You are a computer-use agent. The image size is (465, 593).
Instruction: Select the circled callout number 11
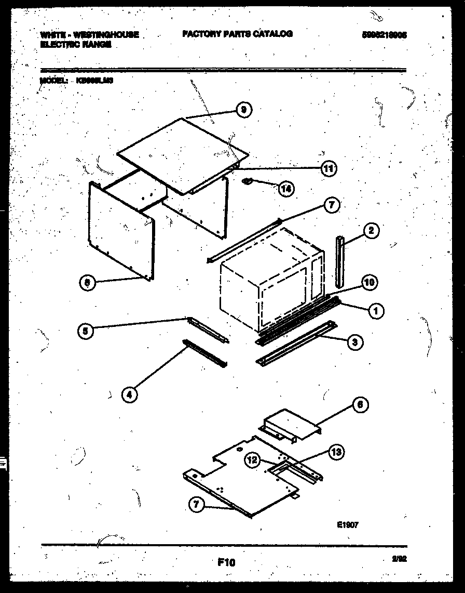point(328,168)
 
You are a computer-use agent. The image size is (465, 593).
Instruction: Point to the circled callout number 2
point(371,231)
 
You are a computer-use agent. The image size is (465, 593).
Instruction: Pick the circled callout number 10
point(368,283)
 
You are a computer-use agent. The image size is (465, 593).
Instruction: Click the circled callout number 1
point(375,311)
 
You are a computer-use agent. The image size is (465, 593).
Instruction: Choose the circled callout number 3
point(354,341)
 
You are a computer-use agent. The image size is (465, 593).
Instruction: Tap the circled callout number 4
point(130,395)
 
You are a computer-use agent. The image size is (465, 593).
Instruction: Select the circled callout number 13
point(336,452)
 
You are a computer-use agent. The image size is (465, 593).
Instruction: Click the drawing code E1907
point(347,525)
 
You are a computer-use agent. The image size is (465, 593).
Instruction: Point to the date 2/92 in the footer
point(400,559)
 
